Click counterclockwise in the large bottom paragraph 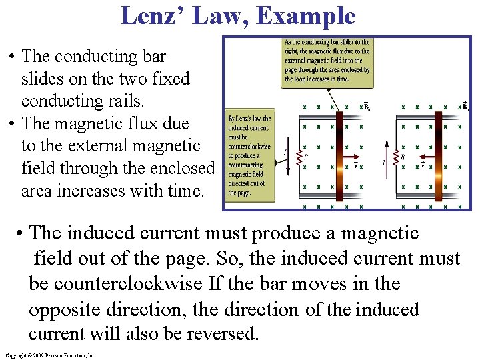tap(137, 284)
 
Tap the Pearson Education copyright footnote tap(51, 355)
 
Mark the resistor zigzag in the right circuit tap(395, 157)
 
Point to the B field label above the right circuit tap(465, 105)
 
